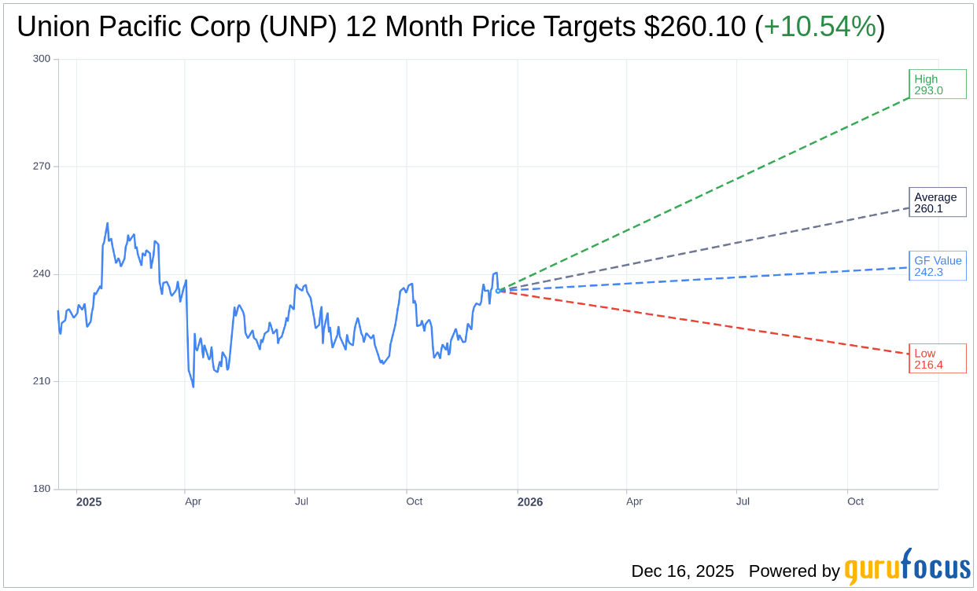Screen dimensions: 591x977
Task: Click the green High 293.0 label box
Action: click(x=938, y=84)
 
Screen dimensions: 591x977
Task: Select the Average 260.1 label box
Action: click(x=938, y=202)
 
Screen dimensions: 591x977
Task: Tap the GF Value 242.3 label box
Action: click(x=938, y=266)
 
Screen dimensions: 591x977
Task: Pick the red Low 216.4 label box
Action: click(x=938, y=358)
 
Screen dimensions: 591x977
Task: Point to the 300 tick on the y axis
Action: click(x=42, y=59)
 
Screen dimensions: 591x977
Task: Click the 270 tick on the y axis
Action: click(x=42, y=167)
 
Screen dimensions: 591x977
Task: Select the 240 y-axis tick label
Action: click(x=42, y=274)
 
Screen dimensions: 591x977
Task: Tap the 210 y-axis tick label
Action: click(x=42, y=381)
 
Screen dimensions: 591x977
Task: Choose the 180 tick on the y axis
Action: click(x=42, y=489)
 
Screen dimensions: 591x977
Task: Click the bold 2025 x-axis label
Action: click(x=89, y=501)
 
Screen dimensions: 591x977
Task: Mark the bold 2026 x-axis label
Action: click(x=530, y=501)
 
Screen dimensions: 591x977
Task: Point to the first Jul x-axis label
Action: click(x=301, y=501)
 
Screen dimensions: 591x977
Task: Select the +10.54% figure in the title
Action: click(x=820, y=27)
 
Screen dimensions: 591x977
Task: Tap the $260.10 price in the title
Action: click(x=695, y=27)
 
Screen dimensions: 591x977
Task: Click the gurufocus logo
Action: click(x=907, y=567)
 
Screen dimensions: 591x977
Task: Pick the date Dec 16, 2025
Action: click(x=682, y=571)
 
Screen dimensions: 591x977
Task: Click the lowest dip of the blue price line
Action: click(x=194, y=387)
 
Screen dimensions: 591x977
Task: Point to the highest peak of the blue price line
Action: click(x=107, y=223)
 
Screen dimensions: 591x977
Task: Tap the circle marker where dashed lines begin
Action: click(x=498, y=290)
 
